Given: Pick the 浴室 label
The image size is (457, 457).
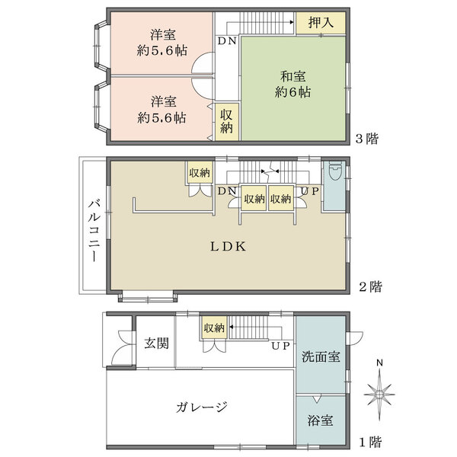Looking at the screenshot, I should pos(320,420).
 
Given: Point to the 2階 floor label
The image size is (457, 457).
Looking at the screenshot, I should pos(370,287).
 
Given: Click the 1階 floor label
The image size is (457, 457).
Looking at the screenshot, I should pos(369,441).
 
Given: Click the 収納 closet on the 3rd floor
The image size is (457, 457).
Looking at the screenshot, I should pos(227,121).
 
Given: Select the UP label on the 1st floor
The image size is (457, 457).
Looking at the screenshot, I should pos(280,345).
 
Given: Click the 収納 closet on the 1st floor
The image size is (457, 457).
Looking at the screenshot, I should pos(214,328).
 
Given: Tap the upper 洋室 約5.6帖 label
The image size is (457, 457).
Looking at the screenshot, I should pos(162,43).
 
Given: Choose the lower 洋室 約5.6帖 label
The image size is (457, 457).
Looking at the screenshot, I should pos(162,110).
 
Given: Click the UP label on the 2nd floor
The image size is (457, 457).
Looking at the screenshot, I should pos(308,190).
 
